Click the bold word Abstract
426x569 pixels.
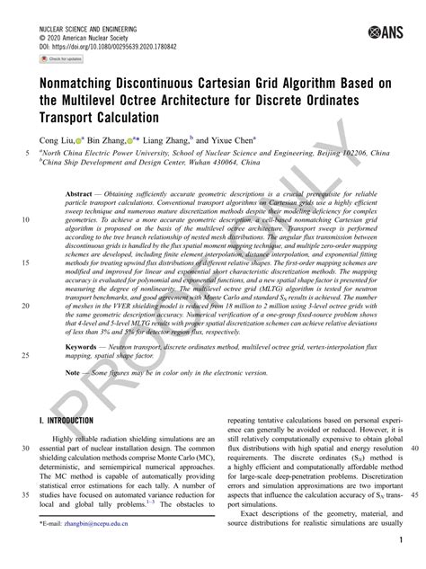point(86,193)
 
